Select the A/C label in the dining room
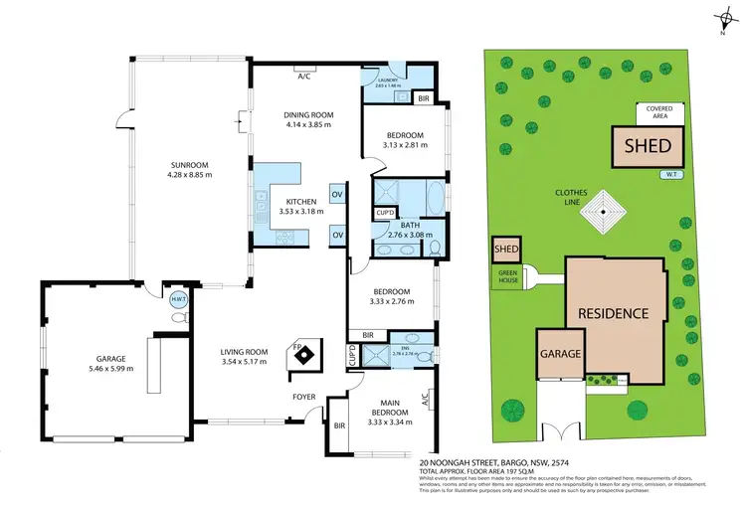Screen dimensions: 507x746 click(x=301, y=74)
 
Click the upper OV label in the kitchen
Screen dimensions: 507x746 click(x=337, y=194)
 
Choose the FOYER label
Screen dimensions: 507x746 click(x=304, y=398)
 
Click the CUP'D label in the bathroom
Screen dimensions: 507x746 click(x=384, y=213)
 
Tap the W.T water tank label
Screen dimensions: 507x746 click(x=669, y=175)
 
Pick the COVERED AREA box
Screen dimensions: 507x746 click(x=657, y=111)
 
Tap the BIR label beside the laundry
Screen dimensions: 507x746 click(x=424, y=98)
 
